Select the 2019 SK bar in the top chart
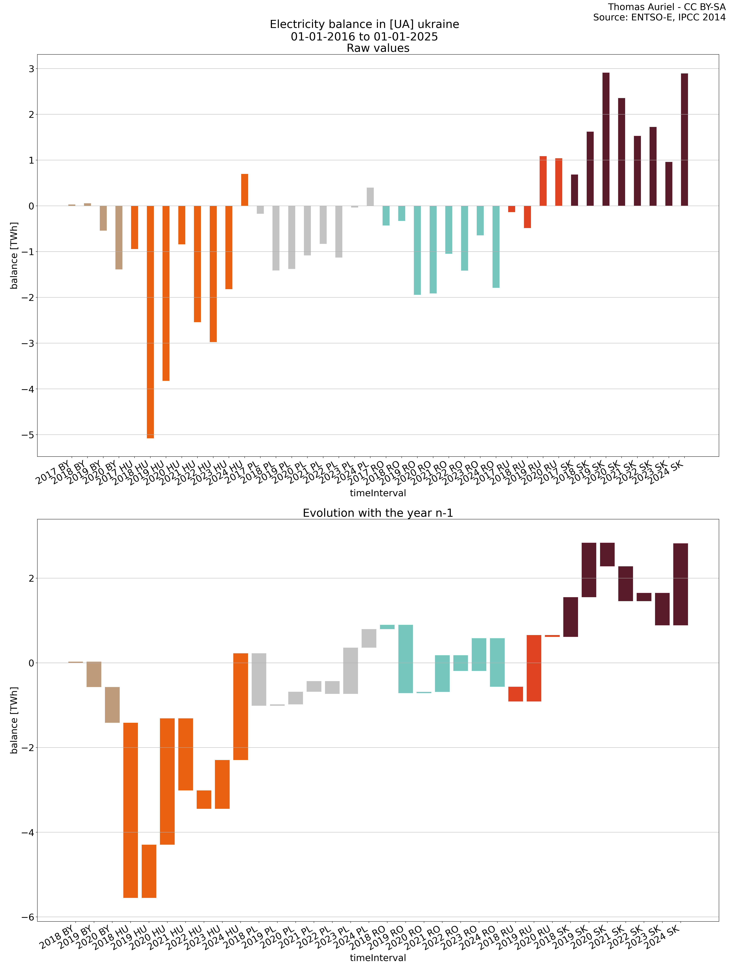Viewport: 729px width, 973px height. (x=606, y=139)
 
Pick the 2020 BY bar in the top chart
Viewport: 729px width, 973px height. (x=119, y=237)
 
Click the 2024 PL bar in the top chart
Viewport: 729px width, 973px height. (x=370, y=197)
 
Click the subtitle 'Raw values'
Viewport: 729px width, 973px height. (x=378, y=48)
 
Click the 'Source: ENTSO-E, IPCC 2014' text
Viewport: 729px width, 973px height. (x=659, y=18)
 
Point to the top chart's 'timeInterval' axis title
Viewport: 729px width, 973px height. (x=378, y=493)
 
